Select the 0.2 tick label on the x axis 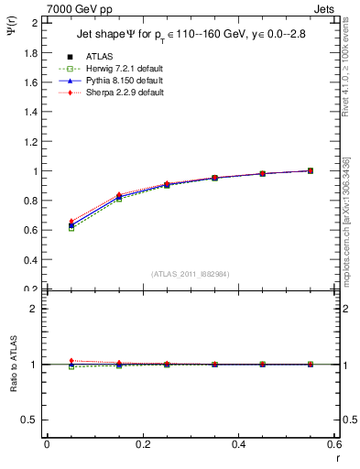coord(143,444)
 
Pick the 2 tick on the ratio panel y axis coord(34,309)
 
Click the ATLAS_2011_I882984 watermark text coord(189,274)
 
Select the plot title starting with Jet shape coord(190,35)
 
